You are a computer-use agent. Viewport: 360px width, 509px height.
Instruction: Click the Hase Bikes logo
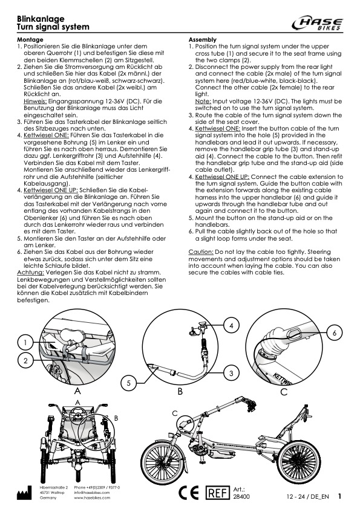[x=317, y=24]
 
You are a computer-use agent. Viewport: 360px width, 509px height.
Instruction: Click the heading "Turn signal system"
[x=53, y=27]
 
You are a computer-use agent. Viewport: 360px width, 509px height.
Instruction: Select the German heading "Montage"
[x=30, y=40]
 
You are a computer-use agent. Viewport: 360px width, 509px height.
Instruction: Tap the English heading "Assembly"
[x=203, y=40]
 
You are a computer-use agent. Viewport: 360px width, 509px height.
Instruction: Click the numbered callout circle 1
[x=25, y=342]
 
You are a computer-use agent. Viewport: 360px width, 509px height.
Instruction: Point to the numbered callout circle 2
[x=25, y=361]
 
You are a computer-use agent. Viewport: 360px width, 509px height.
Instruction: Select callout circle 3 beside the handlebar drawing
[x=231, y=373]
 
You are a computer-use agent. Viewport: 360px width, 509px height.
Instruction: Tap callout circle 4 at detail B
[x=231, y=325]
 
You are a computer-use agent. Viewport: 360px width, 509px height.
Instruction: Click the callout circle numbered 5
[x=129, y=383]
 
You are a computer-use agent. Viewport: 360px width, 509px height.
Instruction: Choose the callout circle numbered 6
[x=335, y=332]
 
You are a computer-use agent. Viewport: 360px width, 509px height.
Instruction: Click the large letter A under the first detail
[x=77, y=391]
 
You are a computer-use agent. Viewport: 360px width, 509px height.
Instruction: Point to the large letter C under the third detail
[x=284, y=392]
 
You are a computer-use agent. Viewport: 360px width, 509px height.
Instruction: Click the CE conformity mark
[x=188, y=493]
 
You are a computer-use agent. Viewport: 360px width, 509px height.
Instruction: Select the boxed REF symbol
[x=217, y=493]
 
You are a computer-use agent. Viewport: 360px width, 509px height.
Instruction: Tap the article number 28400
[x=241, y=497]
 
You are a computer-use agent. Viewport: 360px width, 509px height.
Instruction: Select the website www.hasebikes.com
[x=92, y=498]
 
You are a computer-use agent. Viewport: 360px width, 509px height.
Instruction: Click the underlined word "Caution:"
[x=201, y=252]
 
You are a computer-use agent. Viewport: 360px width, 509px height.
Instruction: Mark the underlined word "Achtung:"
[x=30, y=273]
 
